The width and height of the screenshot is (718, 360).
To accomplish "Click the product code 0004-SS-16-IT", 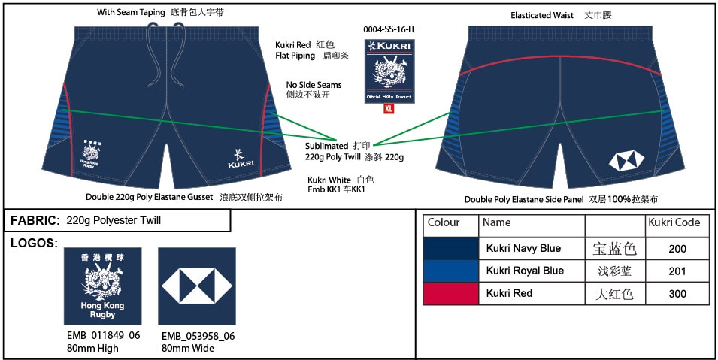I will click(389, 29).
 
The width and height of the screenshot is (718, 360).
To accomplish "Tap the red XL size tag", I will click(389, 108).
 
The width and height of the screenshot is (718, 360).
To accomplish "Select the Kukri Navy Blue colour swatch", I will click(451, 248).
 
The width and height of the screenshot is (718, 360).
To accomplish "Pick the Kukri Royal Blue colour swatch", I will click(451, 271).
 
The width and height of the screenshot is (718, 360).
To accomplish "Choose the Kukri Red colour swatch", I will click(451, 293).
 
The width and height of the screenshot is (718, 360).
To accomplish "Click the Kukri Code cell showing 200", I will click(677, 248).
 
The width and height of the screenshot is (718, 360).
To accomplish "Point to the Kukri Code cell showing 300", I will click(677, 294).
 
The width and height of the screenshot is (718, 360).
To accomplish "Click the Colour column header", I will click(443, 222).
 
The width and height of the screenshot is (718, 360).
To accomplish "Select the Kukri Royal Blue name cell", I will click(520, 271).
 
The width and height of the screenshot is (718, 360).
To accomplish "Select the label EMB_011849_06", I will click(102, 336).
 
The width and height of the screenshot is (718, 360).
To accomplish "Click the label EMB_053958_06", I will click(198, 336).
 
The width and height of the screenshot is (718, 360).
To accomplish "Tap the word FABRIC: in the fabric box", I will click(35, 220).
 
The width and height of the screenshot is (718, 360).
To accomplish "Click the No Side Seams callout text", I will click(314, 85).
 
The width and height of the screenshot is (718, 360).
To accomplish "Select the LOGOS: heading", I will click(34, 243).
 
